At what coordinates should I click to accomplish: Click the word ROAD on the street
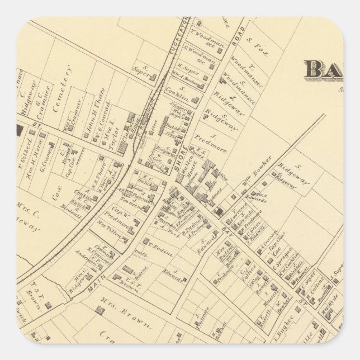pyautogui.click(x=234, y=37)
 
